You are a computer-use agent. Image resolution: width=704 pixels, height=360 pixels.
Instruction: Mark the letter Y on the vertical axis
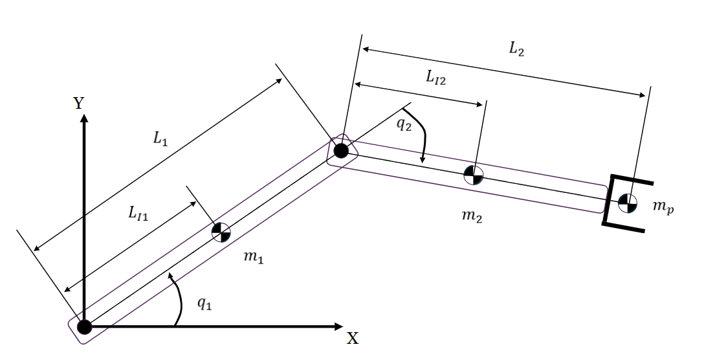(x=80, y=104)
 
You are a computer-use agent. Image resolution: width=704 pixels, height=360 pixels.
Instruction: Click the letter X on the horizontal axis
(x=353, y=339)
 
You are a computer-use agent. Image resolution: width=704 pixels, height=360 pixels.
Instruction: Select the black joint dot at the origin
(x=83, y=327)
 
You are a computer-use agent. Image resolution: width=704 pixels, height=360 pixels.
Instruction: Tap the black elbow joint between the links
(x=342, y=151)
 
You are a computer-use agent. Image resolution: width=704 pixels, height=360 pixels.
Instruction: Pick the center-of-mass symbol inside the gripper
(x=626, y=203)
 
